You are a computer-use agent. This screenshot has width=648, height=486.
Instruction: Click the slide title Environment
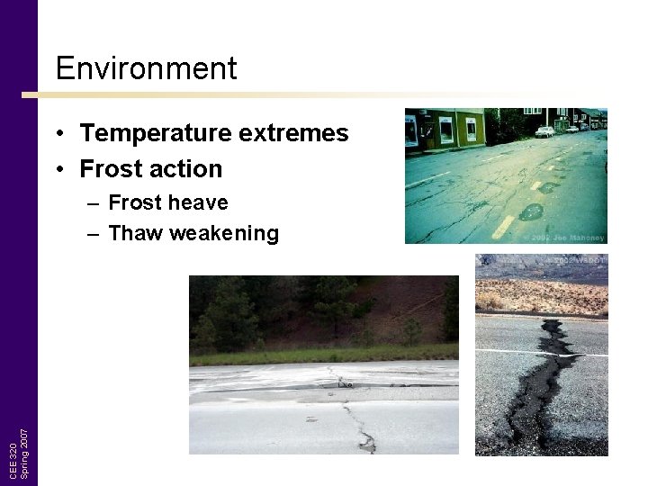[x=146, y=68]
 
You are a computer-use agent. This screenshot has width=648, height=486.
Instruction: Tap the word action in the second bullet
[x=188, y=169]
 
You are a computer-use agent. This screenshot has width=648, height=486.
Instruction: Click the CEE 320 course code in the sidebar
[x=12, y=460]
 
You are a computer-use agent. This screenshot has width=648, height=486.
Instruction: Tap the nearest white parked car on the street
[x=544, y=131]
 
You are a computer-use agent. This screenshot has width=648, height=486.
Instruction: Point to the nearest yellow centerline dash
[x=502, y=226]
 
